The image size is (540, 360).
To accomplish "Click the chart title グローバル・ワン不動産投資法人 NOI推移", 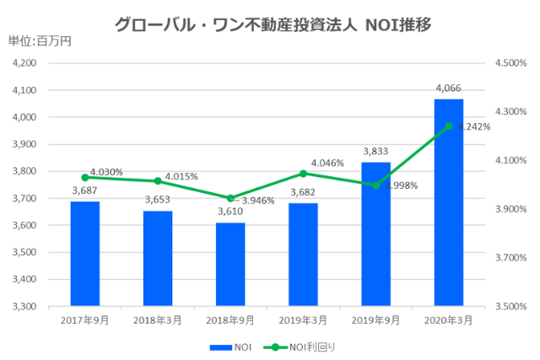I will pyautogui.click(x=273, y=24).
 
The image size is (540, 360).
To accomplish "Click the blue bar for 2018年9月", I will pyautogui.click(x=230, y=264).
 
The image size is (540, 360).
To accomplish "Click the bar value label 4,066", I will pyautogui.click(x=449, y=88).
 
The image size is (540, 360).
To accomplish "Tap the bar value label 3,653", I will pyautogui.click(x=158, y=200).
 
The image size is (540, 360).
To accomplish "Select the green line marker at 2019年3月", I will pyautogui.click(x=304, y=174).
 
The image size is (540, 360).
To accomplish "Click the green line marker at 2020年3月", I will pyautogui.click(x=449, y=126).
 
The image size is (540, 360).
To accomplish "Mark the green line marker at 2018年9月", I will pyautogui.click(x=230, y=198).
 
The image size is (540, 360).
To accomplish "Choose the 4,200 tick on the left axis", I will pyautogui.click(x=25, y=63).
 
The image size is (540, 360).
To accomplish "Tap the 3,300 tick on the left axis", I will pyautogui.click(x=25, y=306).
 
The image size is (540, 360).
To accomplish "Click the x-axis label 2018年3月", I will pyautogui.click(x=158, y=320).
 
